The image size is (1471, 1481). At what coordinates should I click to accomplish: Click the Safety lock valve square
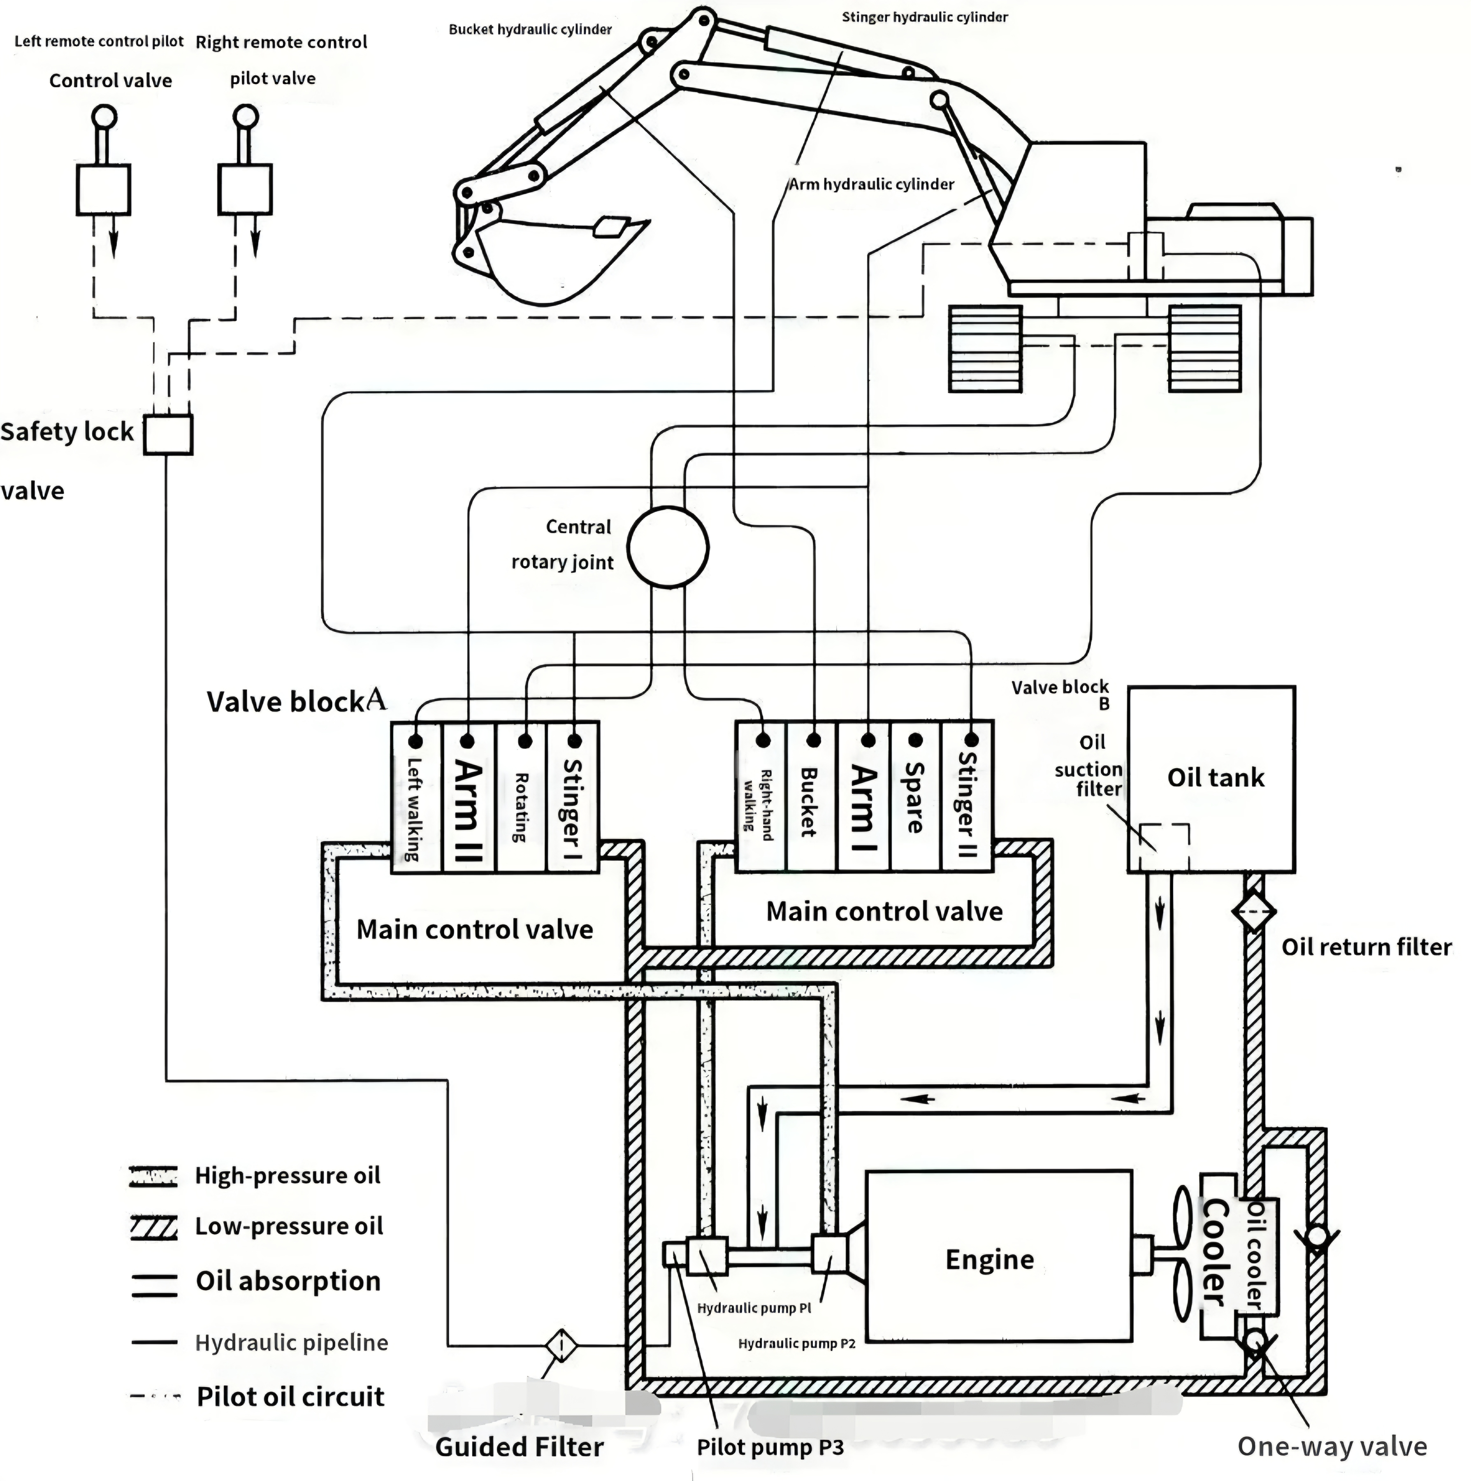[x=168, y=435]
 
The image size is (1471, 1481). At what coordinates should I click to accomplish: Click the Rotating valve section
[x=521, y=796]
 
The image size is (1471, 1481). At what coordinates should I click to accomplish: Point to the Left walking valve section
[x=417, y=796]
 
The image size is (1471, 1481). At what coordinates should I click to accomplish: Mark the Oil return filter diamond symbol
[x=1253, y=912]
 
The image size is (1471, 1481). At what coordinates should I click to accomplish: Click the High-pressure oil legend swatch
[x=153, y=1176]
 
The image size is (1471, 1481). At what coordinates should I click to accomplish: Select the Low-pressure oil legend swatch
[x=153, y=1226]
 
